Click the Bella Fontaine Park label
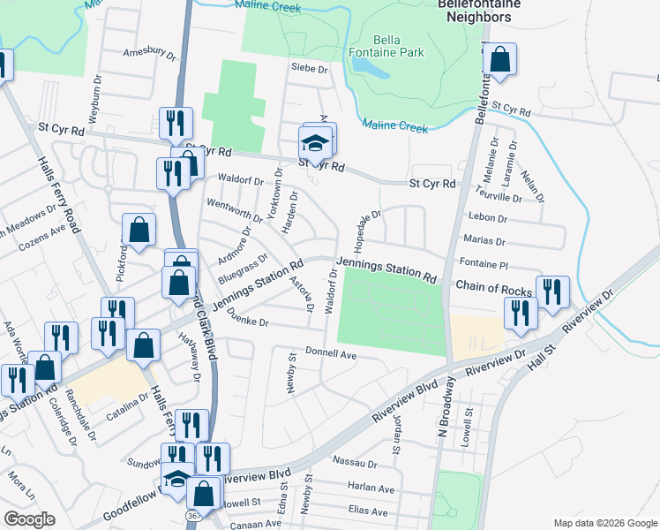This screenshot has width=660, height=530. click(x=398, y=46)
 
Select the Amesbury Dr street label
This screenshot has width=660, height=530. click(x=149, y=53)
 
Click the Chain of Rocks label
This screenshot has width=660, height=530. click(x=493, y=291)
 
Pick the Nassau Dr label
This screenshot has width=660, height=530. click(x=355, y=461)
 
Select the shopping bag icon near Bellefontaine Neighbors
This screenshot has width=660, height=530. click(x=499, y=61)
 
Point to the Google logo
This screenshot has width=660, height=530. click(x=30, y=519)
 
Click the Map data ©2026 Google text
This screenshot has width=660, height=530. click(x=604, y=523)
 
